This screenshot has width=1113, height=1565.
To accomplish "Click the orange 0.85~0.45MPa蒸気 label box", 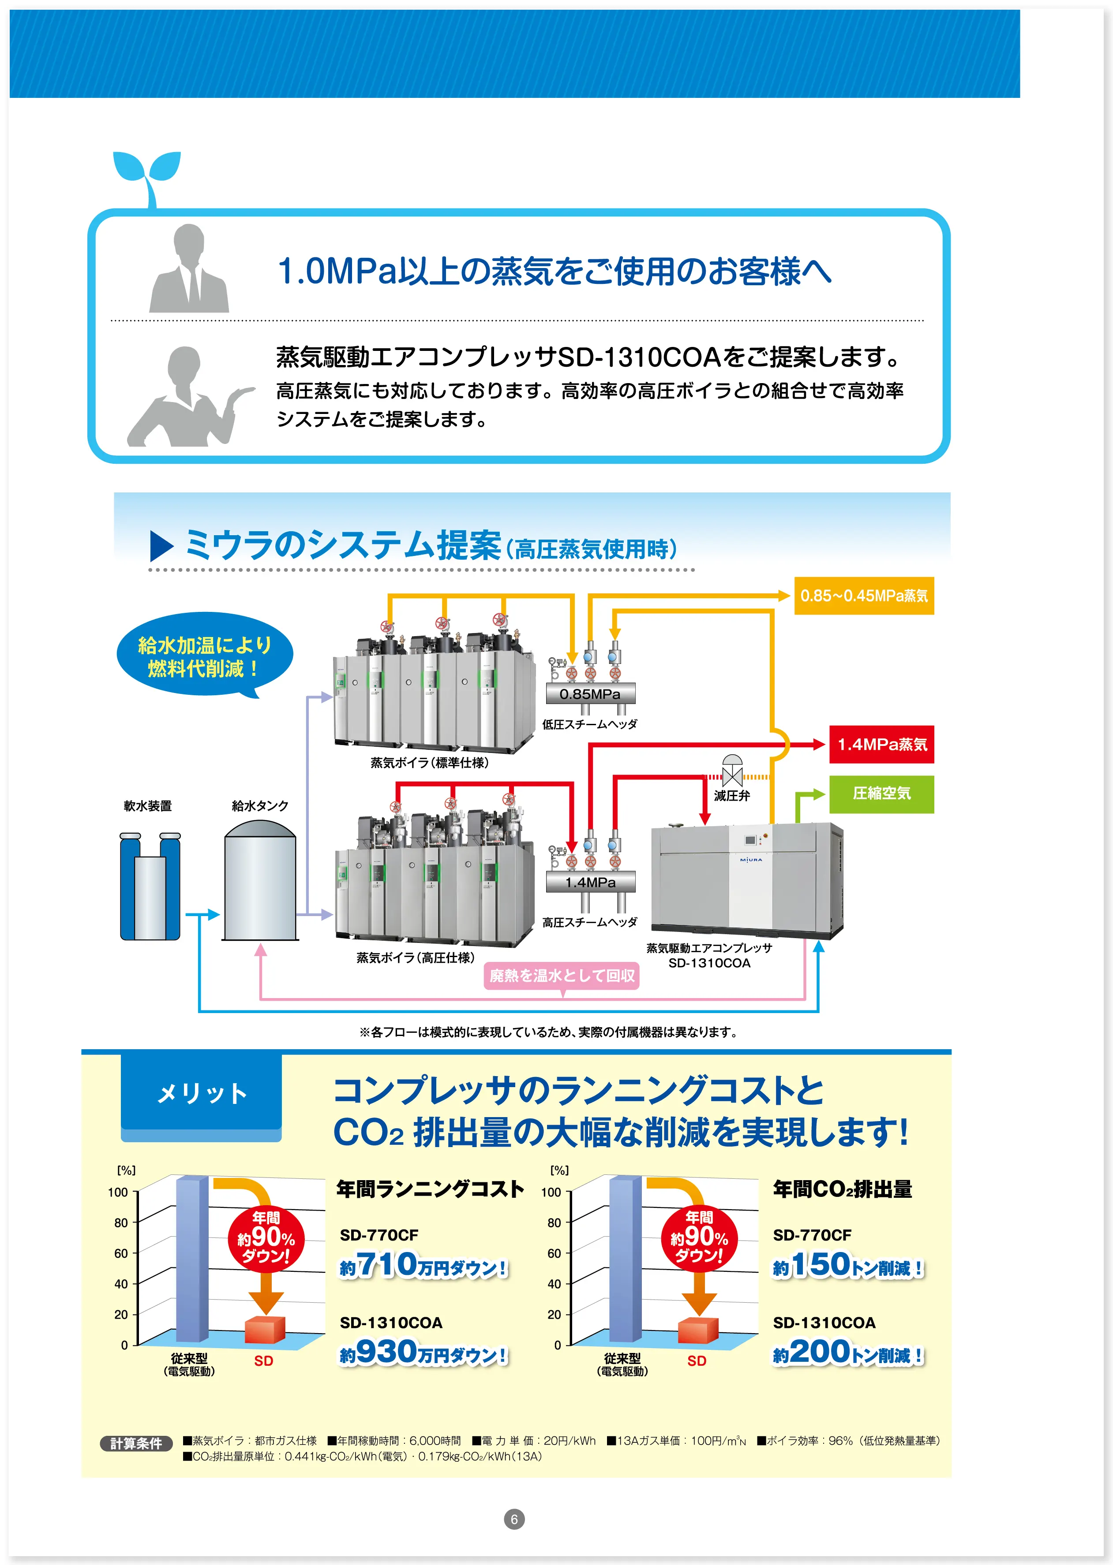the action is [864, 595].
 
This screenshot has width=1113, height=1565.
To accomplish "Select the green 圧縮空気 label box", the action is [881, 794].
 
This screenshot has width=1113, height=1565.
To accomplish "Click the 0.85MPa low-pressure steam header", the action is [590, 694].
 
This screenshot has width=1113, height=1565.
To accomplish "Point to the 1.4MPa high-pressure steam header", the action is [590, 882].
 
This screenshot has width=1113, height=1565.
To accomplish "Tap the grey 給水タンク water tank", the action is [260, 879].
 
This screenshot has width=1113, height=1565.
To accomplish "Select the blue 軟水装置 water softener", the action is [150, 886].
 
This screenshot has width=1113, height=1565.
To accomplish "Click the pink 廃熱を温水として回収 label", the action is [562, 975].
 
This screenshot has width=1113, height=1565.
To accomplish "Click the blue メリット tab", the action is [202, 1093].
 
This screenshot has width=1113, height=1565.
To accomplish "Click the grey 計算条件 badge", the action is [136, 1443].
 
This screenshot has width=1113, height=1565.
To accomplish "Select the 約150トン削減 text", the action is [848, 1266].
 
